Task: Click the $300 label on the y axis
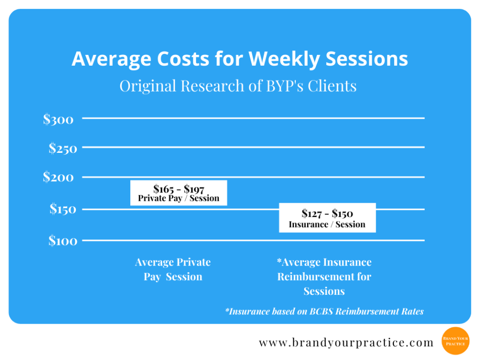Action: pos(58,119)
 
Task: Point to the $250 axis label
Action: pos(63,148)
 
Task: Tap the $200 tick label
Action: pos(58,177)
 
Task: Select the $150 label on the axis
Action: pos(63,209)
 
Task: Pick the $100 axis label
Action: pos(63,240)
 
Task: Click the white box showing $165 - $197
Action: pos(178,192)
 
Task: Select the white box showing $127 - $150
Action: pos(327,218)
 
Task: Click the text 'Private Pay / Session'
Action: pos(178,198)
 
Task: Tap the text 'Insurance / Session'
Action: pos(327,224)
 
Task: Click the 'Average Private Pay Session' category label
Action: pos(173,269)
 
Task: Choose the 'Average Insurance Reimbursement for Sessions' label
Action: pos(324,277)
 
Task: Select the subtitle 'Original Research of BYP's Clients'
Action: pos(238,86)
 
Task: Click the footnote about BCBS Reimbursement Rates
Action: pos(324,311)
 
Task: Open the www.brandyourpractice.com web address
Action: pos(346,342)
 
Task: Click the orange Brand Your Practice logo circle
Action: pos(455,340)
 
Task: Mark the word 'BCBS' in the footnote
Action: pos(323,311)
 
